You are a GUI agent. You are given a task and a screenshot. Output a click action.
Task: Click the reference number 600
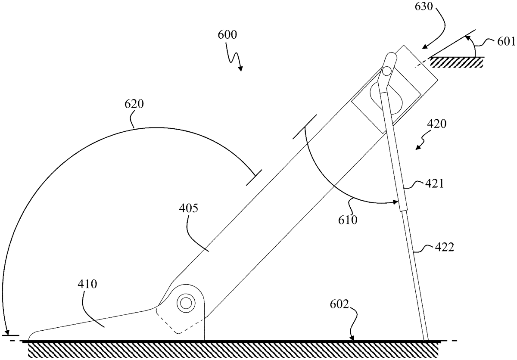click(227, 36)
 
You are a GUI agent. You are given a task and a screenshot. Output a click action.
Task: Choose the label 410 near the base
click(87, 284)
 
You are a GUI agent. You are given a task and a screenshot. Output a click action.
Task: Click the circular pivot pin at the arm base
click(186, 302)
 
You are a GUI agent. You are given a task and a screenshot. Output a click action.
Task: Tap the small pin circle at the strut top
click(387, 70)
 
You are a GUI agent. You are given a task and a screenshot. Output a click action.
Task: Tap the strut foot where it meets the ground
click(426, 339)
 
